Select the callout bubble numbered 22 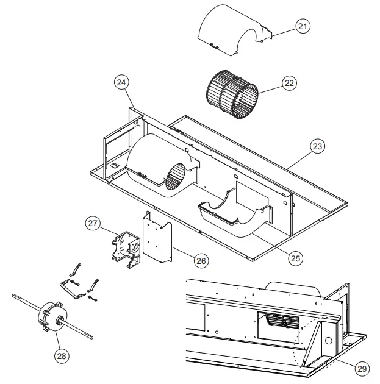[289, 83]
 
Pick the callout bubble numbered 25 [295, 258]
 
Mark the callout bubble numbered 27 [93, 224]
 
